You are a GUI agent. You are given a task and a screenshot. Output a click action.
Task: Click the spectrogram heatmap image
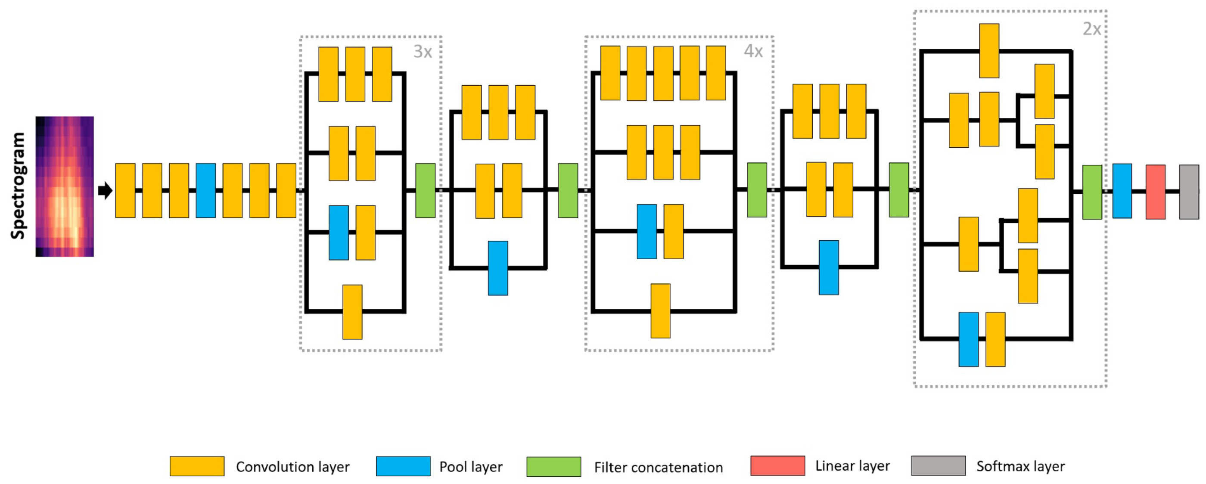pyautogui.click(x=65, y=186)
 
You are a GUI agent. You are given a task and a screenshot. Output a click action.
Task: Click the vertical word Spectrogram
pyautogui.click(x=18, y=186)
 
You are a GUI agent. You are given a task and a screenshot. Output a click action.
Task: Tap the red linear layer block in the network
pyautogui.click(x=1155, y=192)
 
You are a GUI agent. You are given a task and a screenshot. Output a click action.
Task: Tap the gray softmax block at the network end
pyautogui.click(x=1189, y=192)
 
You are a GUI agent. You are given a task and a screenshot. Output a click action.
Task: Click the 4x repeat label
pyautogui.click(x=753, y=51)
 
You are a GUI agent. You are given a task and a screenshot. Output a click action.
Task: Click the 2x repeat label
pyautogui.click(x=1091, y=29)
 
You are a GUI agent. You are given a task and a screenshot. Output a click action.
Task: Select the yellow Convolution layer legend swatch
pyautogui.click(x=197, y=466)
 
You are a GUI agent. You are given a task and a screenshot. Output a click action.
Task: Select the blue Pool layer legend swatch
pyautogui.click(x=403, y=466)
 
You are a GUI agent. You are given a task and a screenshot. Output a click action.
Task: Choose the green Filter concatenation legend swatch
pyautogui.click(x=553, y=467)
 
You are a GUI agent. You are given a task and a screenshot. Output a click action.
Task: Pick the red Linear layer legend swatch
pyautogui.click(x=777, y=466)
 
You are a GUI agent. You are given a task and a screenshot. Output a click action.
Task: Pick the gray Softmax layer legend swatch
pyautogui.click(x=938, y=466)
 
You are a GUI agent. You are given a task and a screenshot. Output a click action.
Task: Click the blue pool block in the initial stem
pyautogui.click(x=205, y=190)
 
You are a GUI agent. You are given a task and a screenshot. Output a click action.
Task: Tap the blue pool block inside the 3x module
pyautogui.click(x=339, y=233)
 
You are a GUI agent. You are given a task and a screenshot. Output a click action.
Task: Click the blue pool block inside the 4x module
pyautogui.click(x=647, y=232)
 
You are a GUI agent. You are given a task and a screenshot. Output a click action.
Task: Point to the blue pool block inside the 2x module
pyautogui.click(x=968, y=339)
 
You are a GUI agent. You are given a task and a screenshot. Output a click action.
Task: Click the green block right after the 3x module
pyautogui.click(x=425, y=190)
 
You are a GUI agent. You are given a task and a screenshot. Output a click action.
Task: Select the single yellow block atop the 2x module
pyautogui.click(x=989, y=50)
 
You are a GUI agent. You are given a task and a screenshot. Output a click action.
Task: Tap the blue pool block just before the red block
pyautogui.click(x=1122, y=191)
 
